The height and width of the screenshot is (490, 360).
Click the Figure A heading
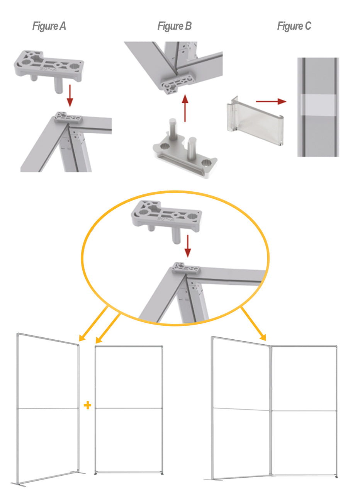click(49, 26)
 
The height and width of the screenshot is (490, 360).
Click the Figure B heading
click(174, 26)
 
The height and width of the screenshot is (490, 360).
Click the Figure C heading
click(294, 26)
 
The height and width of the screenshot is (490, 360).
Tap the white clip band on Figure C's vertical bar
click(318, 105)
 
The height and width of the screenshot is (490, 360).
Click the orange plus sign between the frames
click(88, 405)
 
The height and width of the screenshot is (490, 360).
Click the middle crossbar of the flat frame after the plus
click(128, 408)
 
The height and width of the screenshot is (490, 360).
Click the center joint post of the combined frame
click(271, 410)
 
